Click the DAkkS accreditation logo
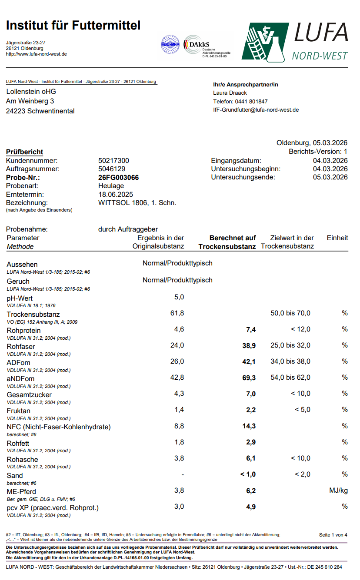pos(207,46)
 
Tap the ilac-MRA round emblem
pos(170,44)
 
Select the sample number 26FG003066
pos(119,177)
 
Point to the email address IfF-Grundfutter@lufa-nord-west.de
pos(256,110)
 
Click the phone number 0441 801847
pos(240,101)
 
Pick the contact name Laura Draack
pos(230,93)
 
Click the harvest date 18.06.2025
pos(116,194)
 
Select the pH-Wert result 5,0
pos(179,297)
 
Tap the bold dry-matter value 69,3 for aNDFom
pos(249,378)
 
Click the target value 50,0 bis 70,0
pos(290,313)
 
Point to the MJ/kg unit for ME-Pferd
pos(338,491)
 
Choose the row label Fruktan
pos(19,411)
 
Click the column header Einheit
pos(337,238)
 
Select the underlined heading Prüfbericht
pos(24,152)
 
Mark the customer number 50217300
pos(113,160)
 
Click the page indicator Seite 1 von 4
pos(333,535)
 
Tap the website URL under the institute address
pos(37,54)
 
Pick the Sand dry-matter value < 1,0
pos(248,474)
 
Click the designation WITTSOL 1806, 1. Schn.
pos(137,202)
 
